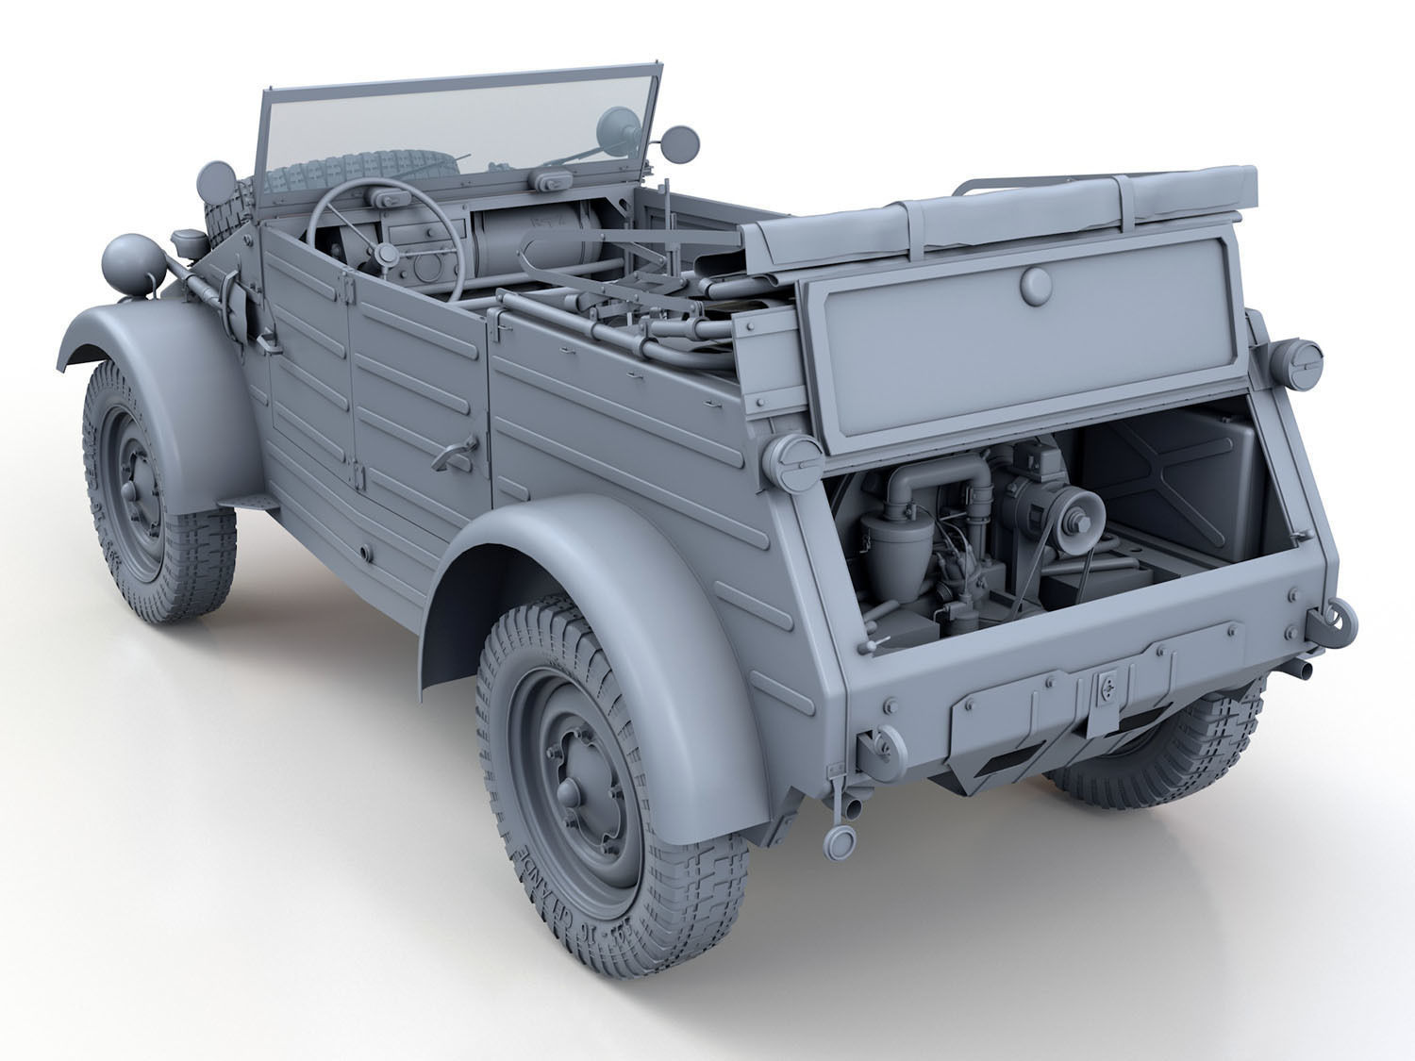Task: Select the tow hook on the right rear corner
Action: click(x=1340, y=622)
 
